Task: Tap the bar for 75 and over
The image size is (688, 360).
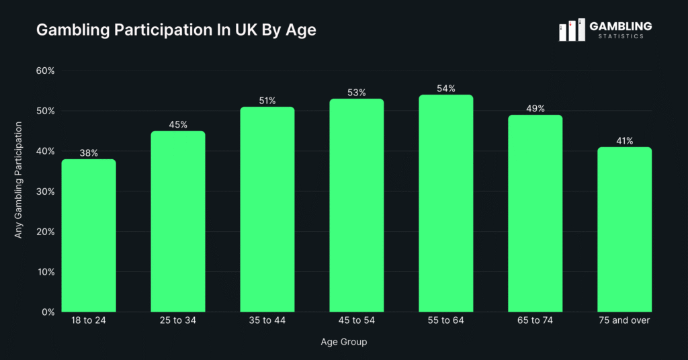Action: [625, 229]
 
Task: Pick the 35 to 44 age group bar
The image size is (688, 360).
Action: [267, 209]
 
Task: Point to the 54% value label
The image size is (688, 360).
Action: [446, 89]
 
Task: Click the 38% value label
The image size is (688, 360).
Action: [89, 153]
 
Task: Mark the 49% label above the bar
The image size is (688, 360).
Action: [535, 109]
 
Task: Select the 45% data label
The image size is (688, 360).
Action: [178, 125]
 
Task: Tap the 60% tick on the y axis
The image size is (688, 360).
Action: [45, 71]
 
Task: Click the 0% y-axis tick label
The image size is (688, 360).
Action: [48, 312]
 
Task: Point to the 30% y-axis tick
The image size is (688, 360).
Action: [45, 191]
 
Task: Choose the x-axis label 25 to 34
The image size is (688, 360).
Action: [178, 320]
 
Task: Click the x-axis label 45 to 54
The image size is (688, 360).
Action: [357, 320]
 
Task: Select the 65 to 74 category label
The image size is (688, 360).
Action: [535, 320]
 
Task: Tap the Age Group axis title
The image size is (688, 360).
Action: [344, 342]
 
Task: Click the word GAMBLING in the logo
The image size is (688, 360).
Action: [620, 26]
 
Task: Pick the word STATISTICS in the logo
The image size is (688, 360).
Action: [620, 37]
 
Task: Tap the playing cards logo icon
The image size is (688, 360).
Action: [572, 30]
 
